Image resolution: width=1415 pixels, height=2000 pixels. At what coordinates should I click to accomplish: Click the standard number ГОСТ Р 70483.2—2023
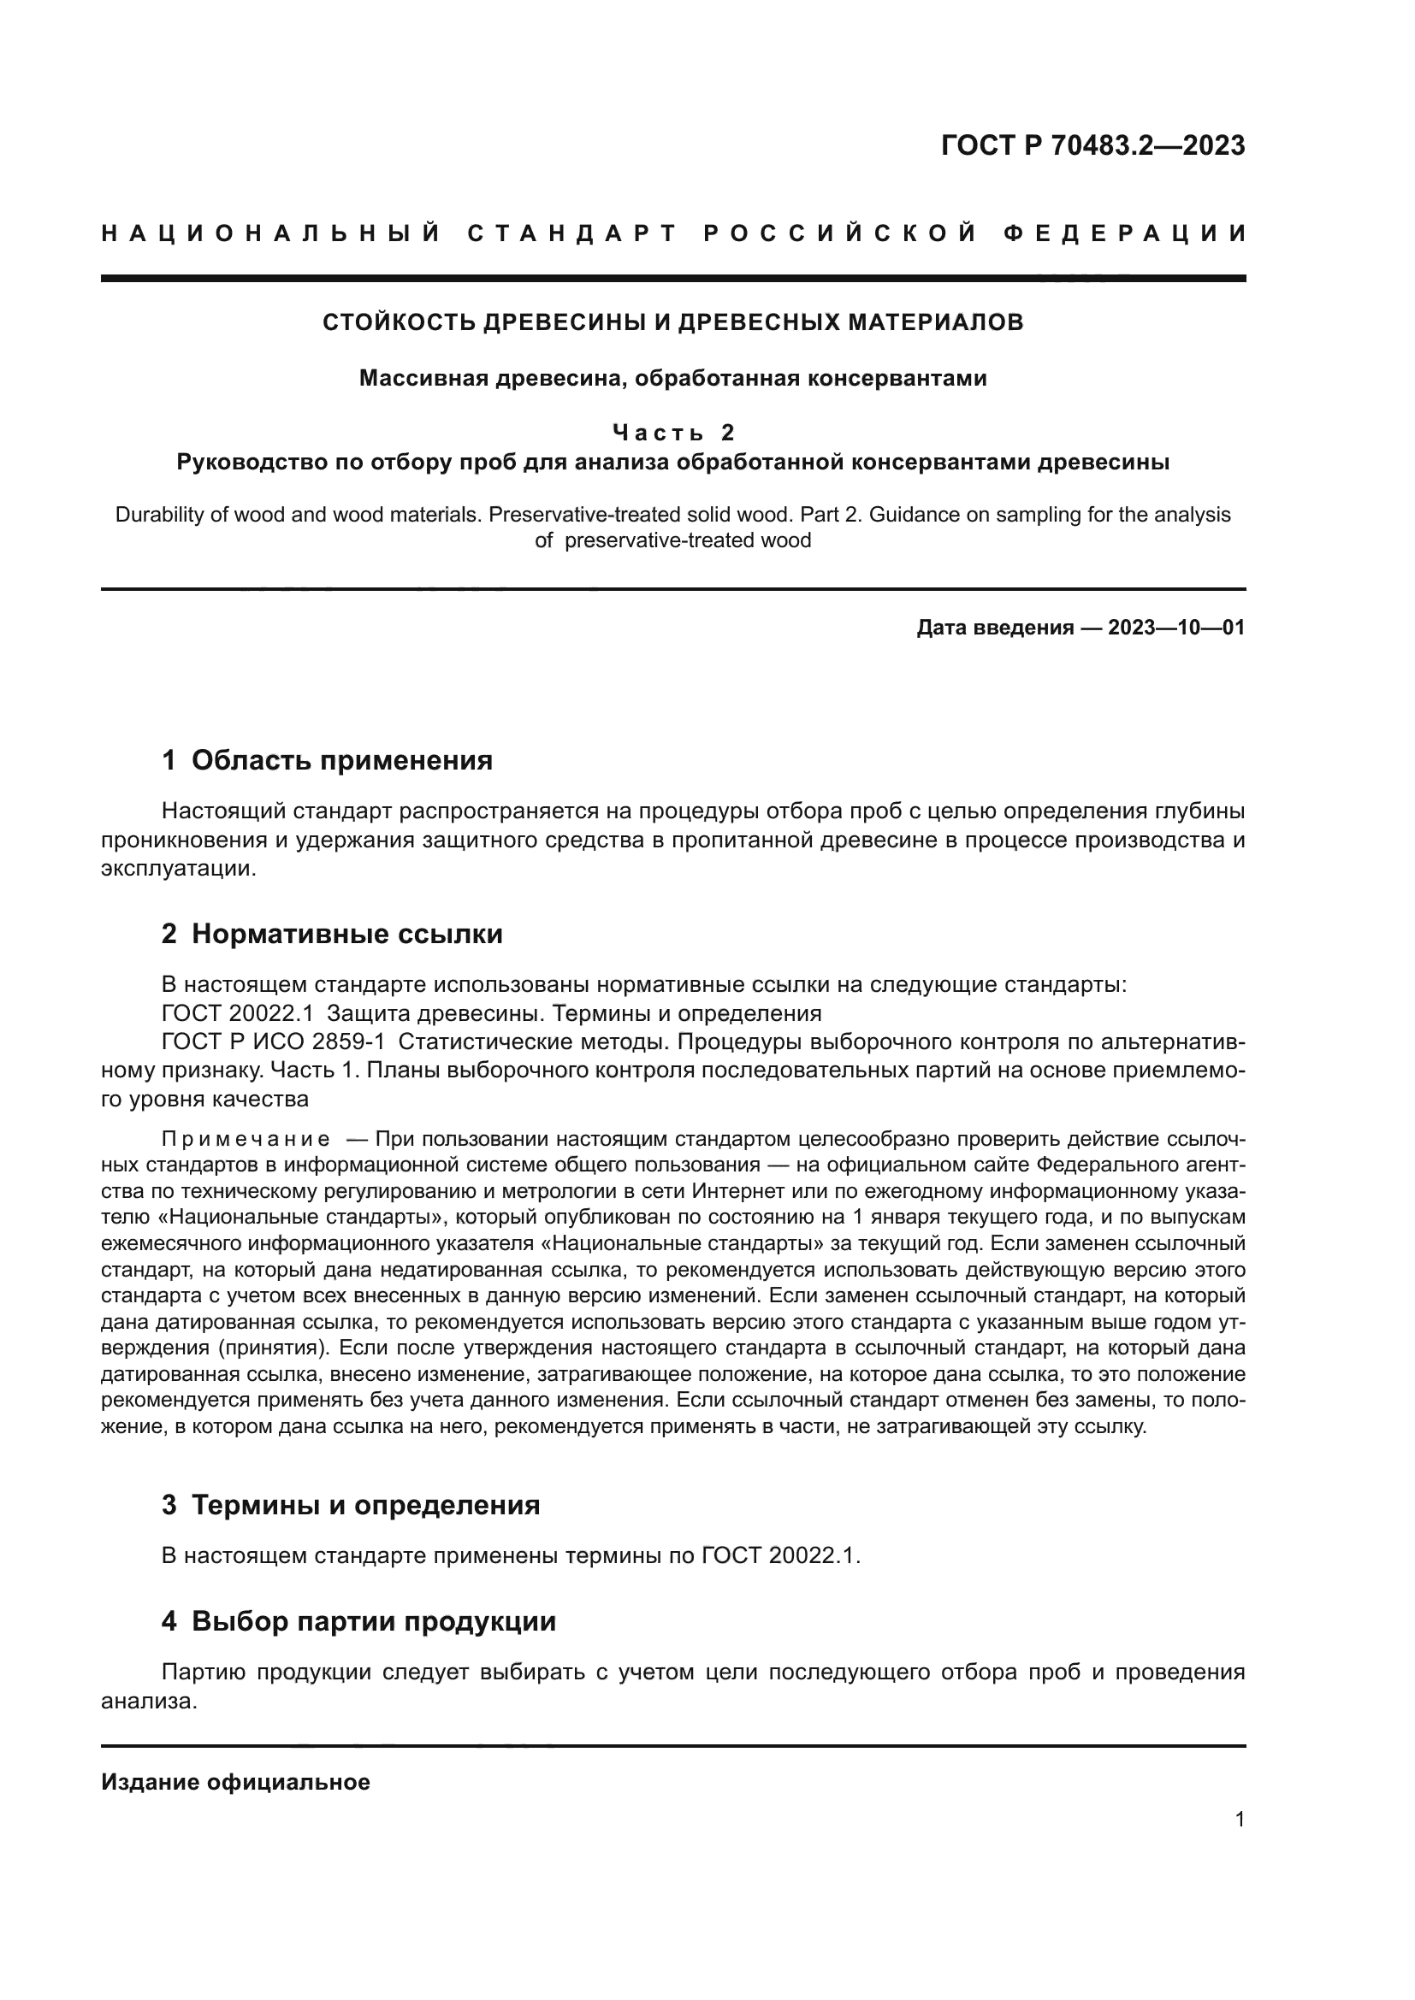[1092, 145]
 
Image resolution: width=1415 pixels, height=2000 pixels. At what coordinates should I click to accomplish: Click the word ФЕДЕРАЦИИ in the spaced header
[1124, 233]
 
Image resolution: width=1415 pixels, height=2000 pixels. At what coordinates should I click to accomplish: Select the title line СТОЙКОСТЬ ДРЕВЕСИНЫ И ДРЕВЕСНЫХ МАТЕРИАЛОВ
[672, 322]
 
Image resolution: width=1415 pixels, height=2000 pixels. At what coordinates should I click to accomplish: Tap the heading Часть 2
[672, 432]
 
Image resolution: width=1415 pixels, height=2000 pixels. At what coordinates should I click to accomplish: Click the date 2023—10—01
[1175, 628]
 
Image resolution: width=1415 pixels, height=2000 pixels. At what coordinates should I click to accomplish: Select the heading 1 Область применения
[327, 760]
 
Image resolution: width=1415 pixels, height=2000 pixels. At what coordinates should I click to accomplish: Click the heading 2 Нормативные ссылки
[332, 935]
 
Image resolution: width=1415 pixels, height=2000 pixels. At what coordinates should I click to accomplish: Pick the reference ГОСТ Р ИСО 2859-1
[273, 1042]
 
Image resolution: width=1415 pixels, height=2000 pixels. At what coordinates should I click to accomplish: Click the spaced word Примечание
[246, 1139]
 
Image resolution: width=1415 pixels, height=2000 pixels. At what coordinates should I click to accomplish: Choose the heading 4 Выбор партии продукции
[358, 1622]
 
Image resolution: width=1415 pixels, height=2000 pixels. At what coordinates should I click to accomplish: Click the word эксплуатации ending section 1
[178, 870]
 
